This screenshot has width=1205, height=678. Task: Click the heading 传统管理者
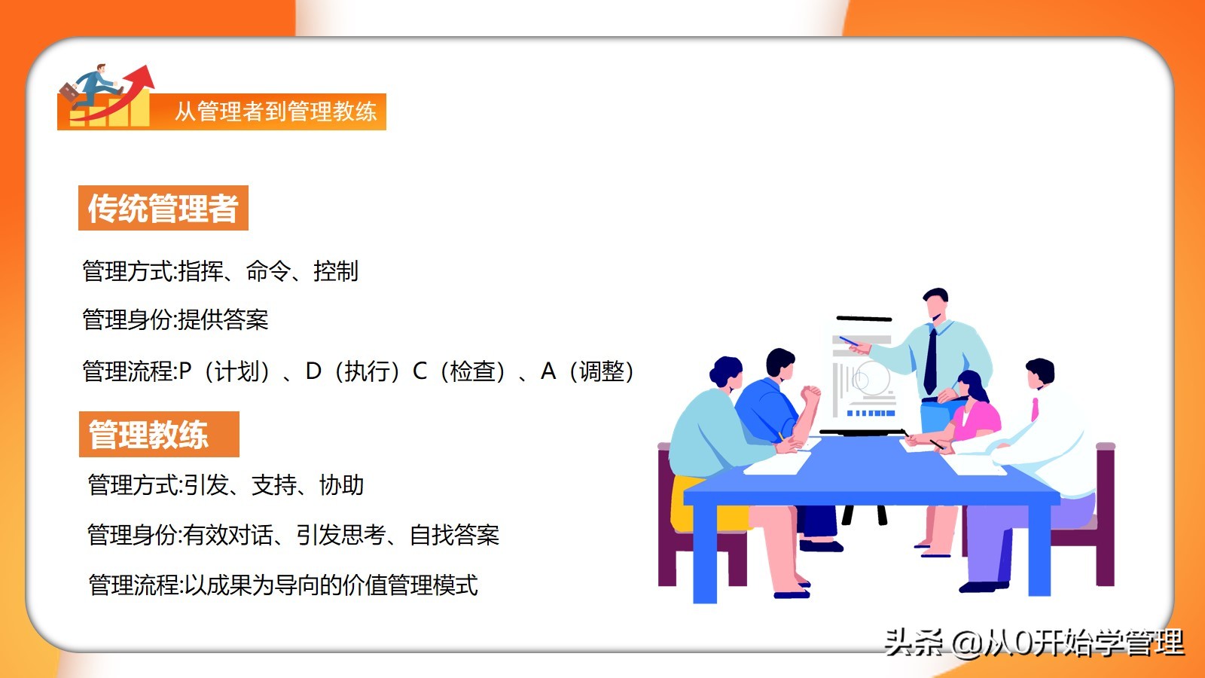pyautogui.click(x=163, y=208)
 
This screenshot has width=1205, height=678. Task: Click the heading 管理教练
pyautogui.click(x=148, y=435)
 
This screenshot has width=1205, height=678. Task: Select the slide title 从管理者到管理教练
pyautogui.click(x=276, y=111)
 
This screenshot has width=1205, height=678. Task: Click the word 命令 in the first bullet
pyautogui.click(x=268, y=270)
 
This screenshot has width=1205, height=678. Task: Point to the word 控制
pyautogui.click(x=336, y=270)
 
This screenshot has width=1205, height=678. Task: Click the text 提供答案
pyautogui.click(x=223, y=319)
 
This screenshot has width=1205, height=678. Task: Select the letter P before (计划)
pyautogui.click(x=185, y=371)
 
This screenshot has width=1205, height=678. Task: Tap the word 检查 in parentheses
pyautogui.click(x=472, y=371)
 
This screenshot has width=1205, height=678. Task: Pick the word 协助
pyautogui.click(x=342, y=485)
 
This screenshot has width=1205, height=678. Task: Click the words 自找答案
pyautogui.click(x=455, y=535)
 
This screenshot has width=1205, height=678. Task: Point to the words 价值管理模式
pyautogui.click(x=410, y=585)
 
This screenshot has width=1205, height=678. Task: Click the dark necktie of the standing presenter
pyautogui.click(x=930, y=361)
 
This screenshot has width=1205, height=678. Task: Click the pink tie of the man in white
pyautogui.click(x=1035, y=410)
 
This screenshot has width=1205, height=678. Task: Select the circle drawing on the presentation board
pyautogui.click(x=871, y=377)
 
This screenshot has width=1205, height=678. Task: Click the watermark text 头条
pyautogui.click(x=914, y=643)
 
